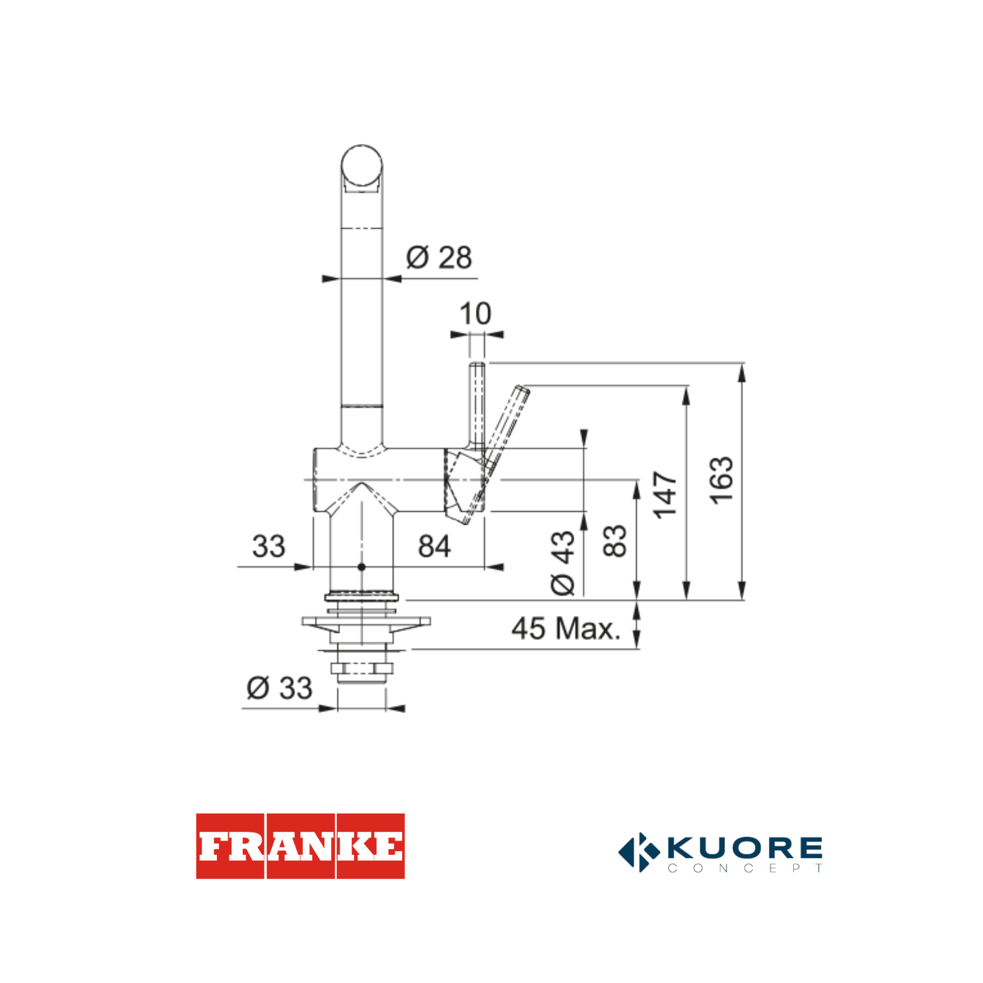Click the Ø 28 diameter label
point(439,257)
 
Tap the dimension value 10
point(475,313)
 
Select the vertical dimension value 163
point(722,481)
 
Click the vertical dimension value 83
point(615,541)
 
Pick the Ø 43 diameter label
point(563,563)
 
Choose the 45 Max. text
point(566,628)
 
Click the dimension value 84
point(434,546)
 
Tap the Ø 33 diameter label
point(279,688)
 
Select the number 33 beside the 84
point(269,546)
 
